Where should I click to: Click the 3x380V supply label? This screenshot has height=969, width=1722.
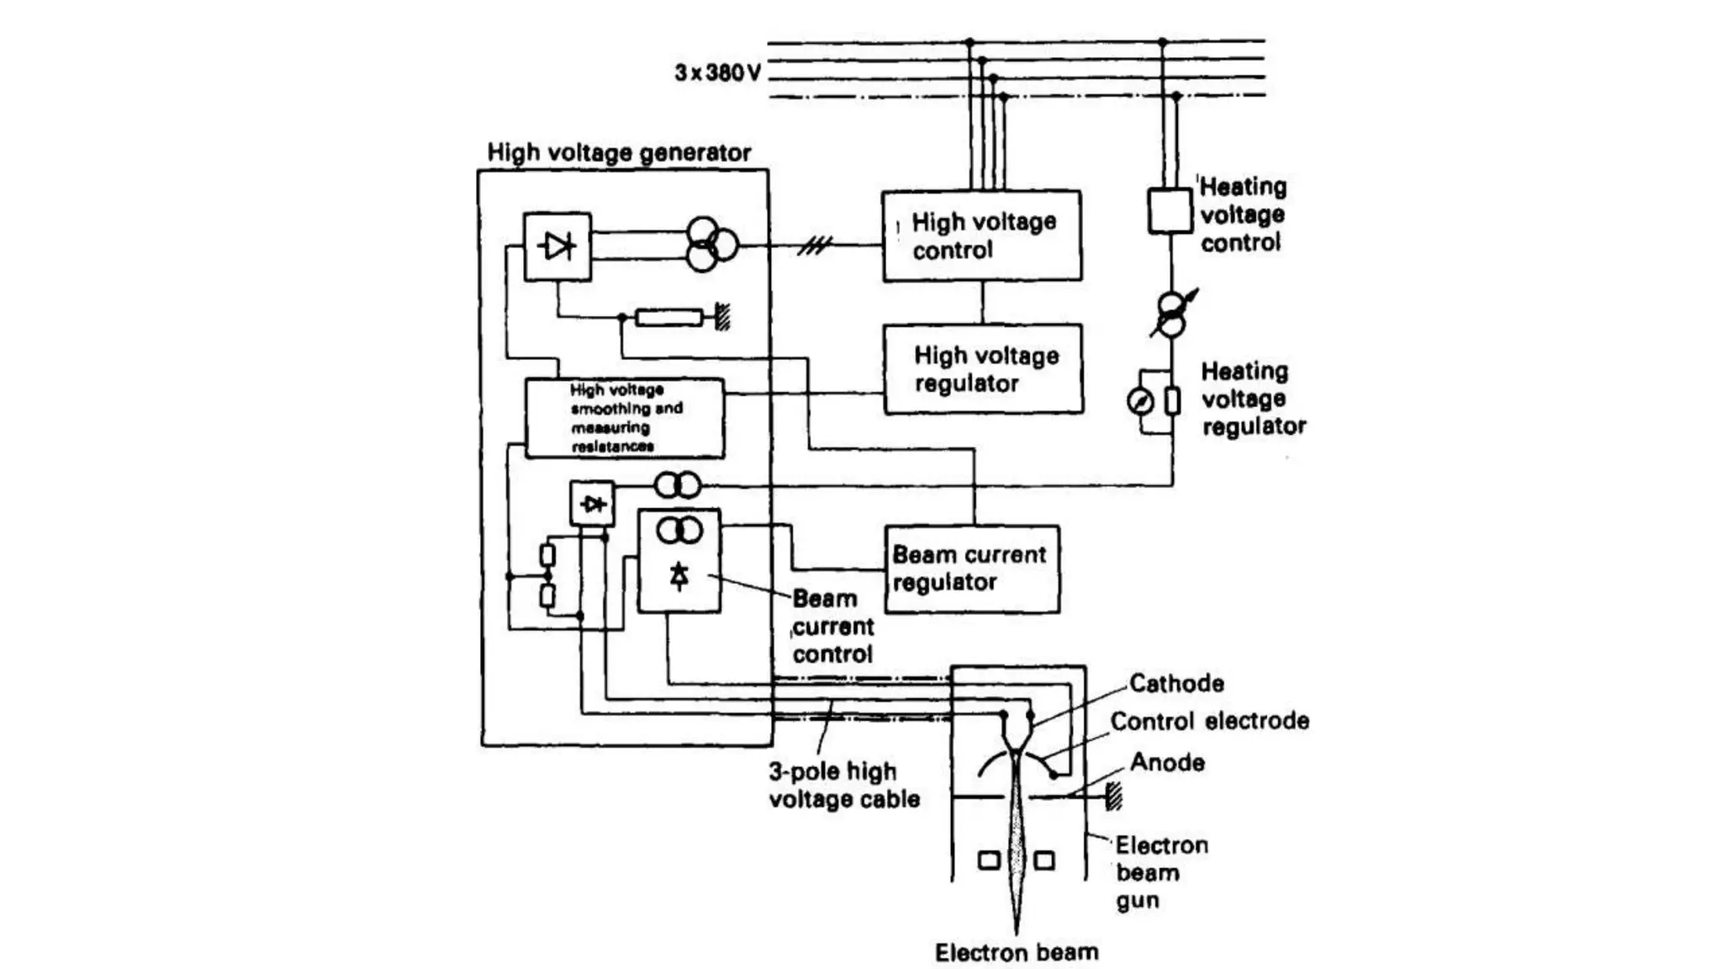[717, 73]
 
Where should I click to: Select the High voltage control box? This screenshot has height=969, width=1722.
[981, 236]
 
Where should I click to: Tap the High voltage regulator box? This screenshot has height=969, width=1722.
[983, 369]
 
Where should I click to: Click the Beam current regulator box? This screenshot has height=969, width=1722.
[971, 569]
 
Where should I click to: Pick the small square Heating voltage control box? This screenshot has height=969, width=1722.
[1170, 211]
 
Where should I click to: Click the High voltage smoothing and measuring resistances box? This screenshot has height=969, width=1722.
[624, 418]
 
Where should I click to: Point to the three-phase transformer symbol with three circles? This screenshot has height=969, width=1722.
[709, 245]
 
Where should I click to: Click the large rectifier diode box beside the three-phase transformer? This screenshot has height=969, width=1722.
[557, 246]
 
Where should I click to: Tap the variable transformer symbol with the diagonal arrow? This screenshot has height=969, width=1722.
[1171, 314]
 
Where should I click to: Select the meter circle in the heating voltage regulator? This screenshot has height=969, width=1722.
[1140, 402]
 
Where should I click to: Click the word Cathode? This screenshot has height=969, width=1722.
[1175, 683]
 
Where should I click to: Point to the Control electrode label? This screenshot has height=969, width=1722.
[1209, 721]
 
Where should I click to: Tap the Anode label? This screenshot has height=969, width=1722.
[1167, 763]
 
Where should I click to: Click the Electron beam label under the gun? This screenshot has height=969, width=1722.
[1017, 952]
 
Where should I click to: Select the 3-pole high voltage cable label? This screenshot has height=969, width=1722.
[843, 785]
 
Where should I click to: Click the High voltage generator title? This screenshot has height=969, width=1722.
[619, 153]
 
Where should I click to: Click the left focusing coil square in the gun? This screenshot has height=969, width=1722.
[990, 860]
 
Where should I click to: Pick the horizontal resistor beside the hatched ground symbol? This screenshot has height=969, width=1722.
[668, 318]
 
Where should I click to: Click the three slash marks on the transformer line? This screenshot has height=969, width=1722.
[814, 246]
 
